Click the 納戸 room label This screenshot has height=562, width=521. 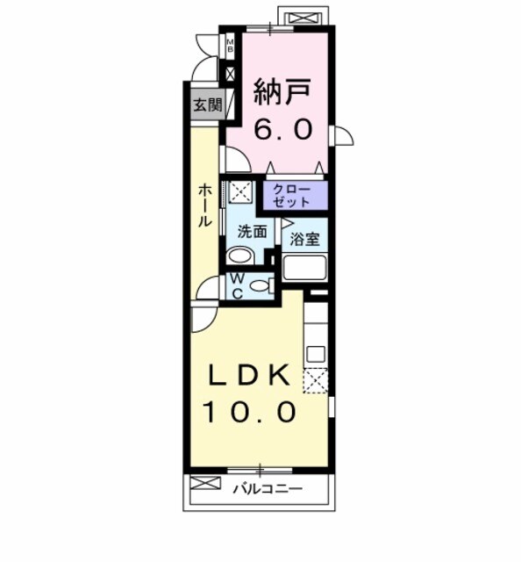(282, 91)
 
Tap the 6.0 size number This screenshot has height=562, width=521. (282, 129)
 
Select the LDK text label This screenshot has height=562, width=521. (250, 375)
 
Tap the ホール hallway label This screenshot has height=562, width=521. (203, 205)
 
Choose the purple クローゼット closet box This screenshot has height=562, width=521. (292, 195)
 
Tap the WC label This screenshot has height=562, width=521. (238, 286)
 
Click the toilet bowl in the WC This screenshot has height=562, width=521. (259, 285)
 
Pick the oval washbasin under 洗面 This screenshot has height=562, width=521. (239, 256)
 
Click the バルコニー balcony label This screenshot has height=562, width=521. (268, 488)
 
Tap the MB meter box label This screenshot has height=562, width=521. (231, 45)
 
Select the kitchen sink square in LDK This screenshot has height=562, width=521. (316, 355)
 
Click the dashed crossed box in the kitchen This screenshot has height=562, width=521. (315, 380)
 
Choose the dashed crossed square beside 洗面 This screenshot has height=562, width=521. (240, 192)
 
